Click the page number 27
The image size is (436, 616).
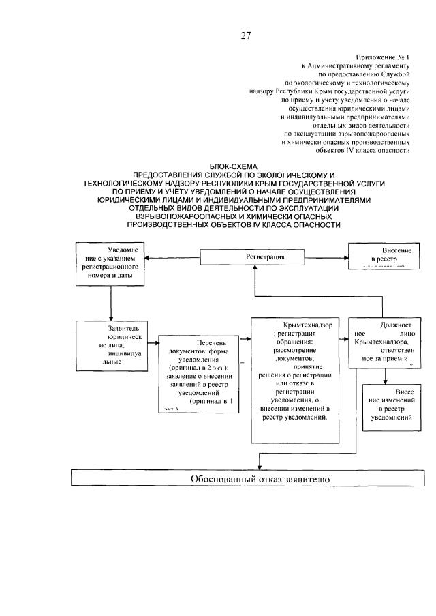coord(246,36)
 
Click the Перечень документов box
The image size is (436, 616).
coord(198,375)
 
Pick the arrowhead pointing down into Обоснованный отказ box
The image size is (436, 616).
coord(258,465)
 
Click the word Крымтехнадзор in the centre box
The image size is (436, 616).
coord(308,326)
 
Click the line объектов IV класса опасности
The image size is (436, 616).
coord(371,151)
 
